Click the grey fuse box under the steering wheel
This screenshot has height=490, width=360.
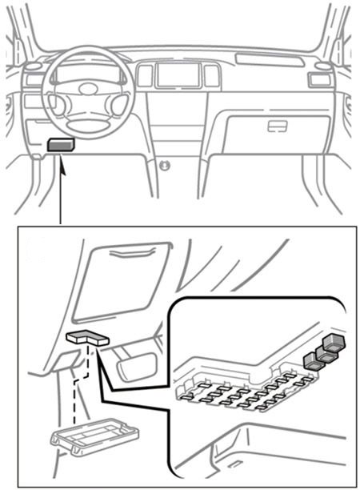[x=61, y=145]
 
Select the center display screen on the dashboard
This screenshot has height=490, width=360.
[x=178, y=76]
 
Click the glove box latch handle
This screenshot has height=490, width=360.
[x=278, y=126]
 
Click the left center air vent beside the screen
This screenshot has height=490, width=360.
[x=144, y=76]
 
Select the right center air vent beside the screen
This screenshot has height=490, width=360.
[x=212, y=76]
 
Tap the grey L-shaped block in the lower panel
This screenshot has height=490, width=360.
[x=86, y=339]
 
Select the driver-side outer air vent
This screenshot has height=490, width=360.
[x=33, y=79]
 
